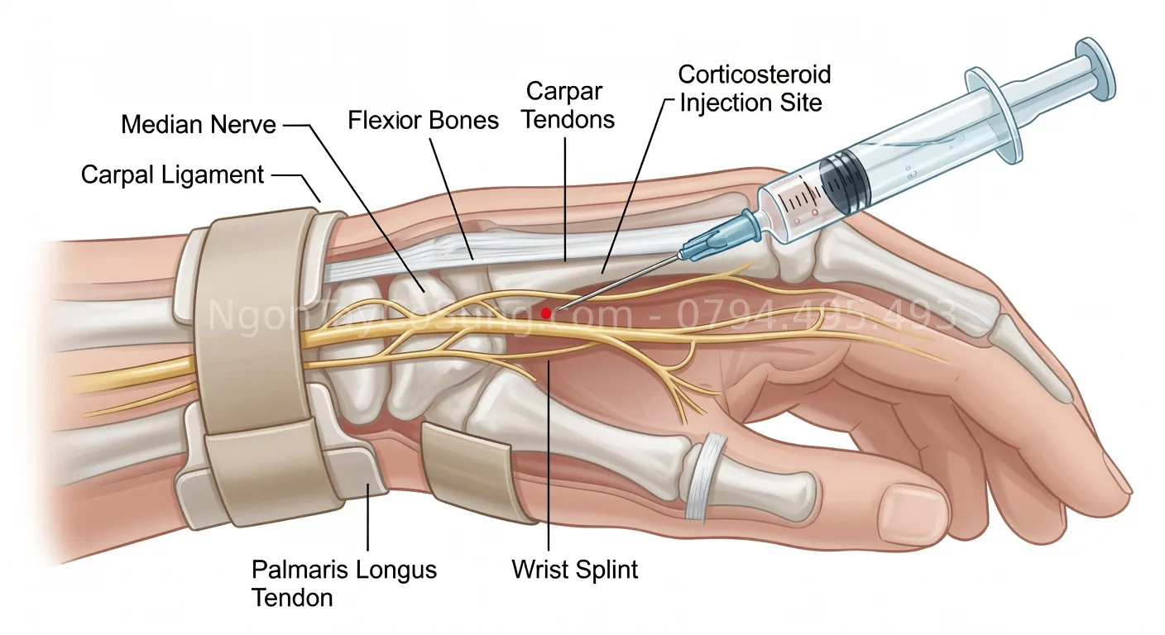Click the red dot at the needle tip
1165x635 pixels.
[x=545, y=313]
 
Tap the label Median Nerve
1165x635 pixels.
[x=199, y=126]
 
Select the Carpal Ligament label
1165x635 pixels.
[x=172, y=175]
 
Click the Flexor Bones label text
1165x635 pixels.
[x=423, y=121]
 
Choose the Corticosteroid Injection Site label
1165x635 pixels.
[x=754, y=88]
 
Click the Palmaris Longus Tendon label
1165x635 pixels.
[x=344, y=583]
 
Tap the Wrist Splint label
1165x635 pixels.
[x=575, y=570]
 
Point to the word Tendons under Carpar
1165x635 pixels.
[x=570, y=119]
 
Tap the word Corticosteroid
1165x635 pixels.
[x=754, y=74]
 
